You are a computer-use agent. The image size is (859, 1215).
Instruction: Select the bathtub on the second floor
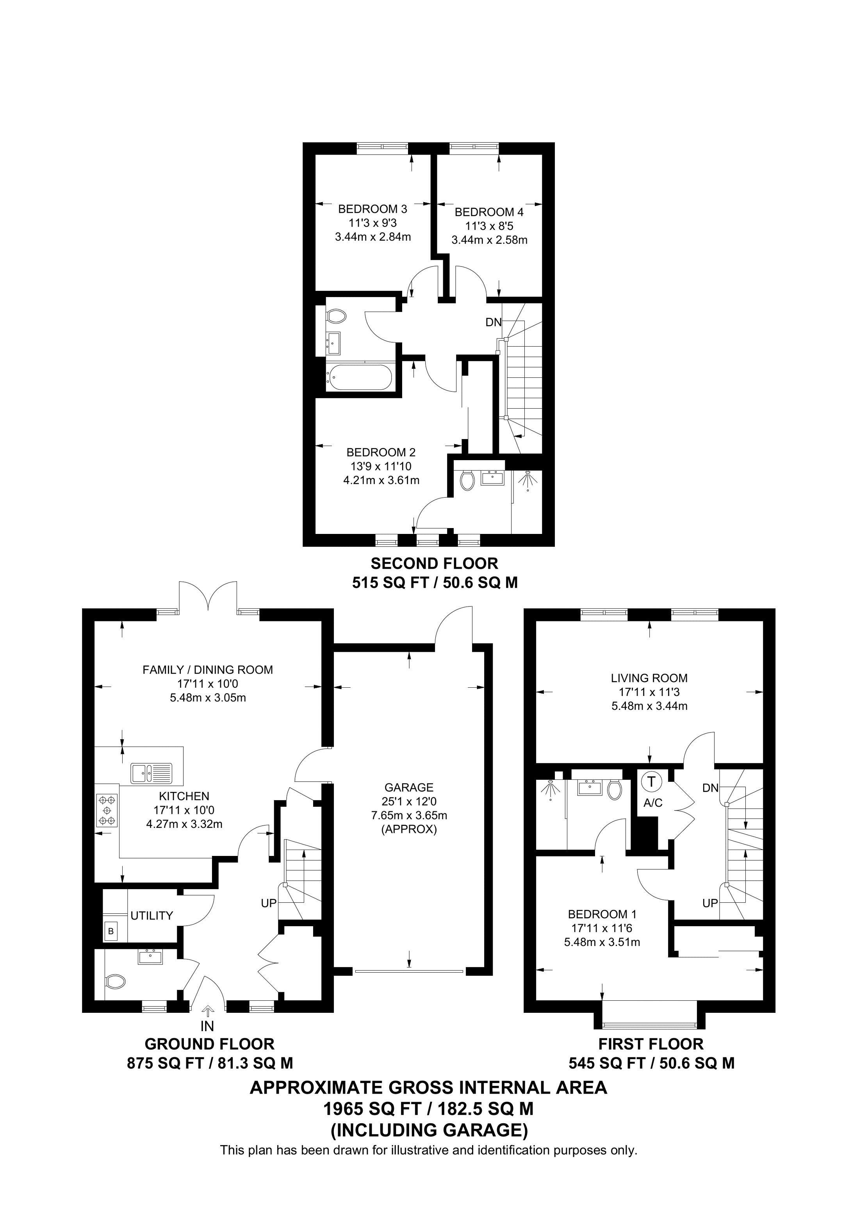pyautogui.click(x=359, y=377)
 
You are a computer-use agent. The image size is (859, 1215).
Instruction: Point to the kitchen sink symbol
pyautogui.click(x=152, y=773)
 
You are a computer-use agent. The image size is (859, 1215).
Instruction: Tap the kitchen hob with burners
pyautogui.click(x=107, y=810)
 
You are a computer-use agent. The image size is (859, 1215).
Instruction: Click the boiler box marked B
pyautogui.click(x=111, y=931)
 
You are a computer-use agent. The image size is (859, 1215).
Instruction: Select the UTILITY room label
pyautogui.click(x=152, y=916)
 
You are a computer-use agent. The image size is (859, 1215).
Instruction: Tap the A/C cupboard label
pyautogui.click(x=652, y=803)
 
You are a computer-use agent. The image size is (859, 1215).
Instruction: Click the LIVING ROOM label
pyautogui.click(x=649, y=678)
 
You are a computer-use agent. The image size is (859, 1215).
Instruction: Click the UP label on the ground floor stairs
pyautogui.click(x=269, y=903)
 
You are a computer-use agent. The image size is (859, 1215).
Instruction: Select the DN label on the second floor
pyautogui.click(x=493, y=322)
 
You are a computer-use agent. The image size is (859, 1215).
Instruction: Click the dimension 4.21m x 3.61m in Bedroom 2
pyautogui.click(x=381, y=480)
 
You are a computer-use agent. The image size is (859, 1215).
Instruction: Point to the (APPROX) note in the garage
pyautogui.click(x=408, y=829)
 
